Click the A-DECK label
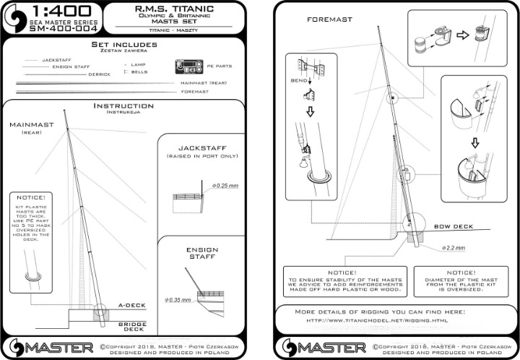pyautogui.click(x=132, y=305)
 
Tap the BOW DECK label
pyautogui.click(x=454, y=226)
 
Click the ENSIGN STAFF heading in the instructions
pyautogui.click(x=202, y=254)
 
